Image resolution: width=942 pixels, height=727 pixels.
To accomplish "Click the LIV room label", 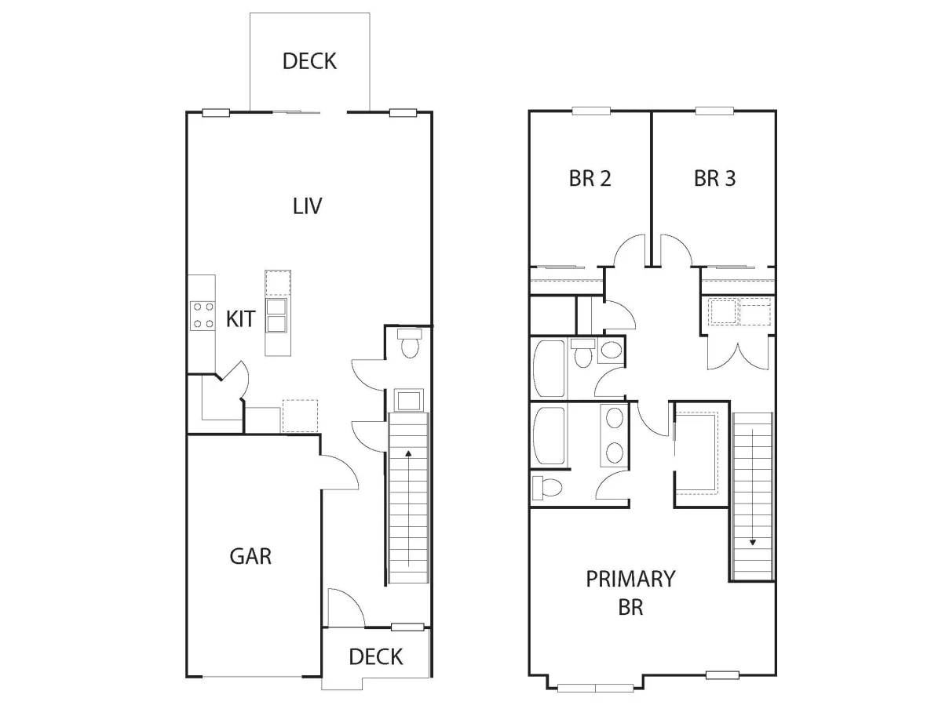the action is pyautogui.click(x=308, y=206).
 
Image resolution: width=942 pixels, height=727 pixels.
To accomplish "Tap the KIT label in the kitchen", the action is pyautogui.click(x=240, y=319).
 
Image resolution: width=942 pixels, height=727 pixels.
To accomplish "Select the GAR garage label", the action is pyautogui.click(x=250, y=556).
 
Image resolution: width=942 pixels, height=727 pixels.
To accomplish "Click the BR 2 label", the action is pyautogui.click(x=590, y=178).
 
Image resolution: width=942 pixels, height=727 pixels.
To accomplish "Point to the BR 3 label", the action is pyautogui.click(x=715, y=178).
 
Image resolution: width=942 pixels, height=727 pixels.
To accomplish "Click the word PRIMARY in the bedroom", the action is pyautogui.click(x=630, y=579).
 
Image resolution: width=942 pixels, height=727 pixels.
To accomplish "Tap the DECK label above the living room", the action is pyautogui.click(x=309, y=61).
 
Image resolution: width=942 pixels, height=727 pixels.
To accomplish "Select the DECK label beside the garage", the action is pyautogui.click(x=376, y=657).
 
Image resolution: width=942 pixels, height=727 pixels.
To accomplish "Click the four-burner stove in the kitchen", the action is pyautogui.click(x=203, y=315).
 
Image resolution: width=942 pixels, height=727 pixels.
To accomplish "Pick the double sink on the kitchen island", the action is pyautogui.click(x=276, y=315).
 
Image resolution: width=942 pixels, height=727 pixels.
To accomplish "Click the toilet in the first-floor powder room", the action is pyautogui.click(x=410, y=343).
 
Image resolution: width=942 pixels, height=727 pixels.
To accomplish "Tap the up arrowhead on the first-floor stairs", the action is pyautogui.click(x=408, y=453).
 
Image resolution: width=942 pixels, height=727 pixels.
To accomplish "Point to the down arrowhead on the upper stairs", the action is pyautogui.click(x=753, y=542).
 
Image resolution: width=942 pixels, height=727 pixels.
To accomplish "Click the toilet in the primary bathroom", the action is pyautogui.click(x=547, y=488).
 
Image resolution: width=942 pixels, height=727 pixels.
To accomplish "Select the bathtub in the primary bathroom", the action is pyautogui.click(x=549, y=435).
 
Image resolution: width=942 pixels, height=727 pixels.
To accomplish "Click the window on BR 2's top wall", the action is pyautogui.click(x=591, y=111).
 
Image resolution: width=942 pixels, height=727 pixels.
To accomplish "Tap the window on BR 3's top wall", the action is pyautogui.click(x=715, y=111).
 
